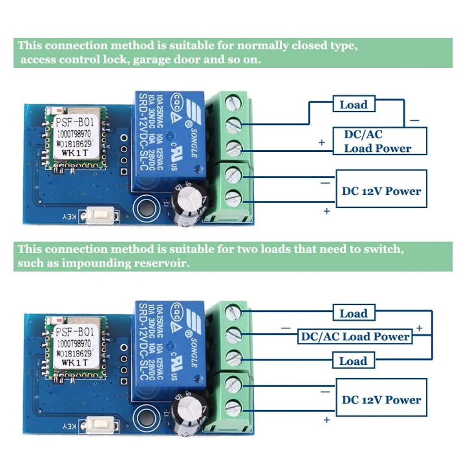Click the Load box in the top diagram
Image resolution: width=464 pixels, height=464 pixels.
[x=354, y=104]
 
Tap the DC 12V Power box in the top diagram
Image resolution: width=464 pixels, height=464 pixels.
[x=381, y=191]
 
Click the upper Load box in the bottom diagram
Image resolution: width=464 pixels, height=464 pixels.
[x=354, y=313]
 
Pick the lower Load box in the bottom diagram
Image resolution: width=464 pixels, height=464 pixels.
[x=354, y=361]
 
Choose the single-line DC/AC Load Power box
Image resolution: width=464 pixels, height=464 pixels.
[x=354, y=337]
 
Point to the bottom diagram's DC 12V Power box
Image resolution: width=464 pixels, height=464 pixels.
[x=381, y=400]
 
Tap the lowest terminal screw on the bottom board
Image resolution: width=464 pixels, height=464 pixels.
[x=233, y=407]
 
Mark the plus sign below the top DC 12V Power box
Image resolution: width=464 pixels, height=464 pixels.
[x=327, y=211]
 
